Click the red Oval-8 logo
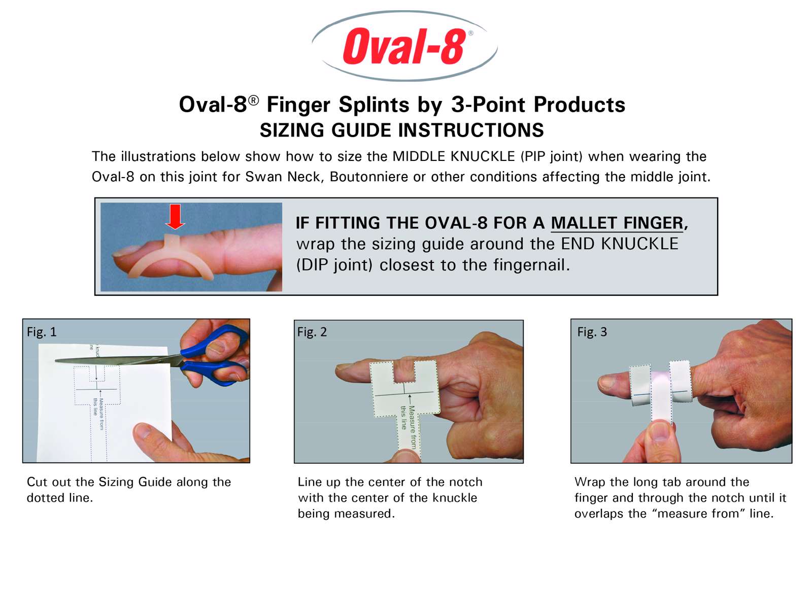click(404, 46)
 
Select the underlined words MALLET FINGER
click(617, 223)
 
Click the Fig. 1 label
click(42, 332)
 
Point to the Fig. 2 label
click(312, 332)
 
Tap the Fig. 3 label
click(592, 332)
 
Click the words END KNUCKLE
click(620, 244)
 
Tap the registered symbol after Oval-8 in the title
click(253, 100)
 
